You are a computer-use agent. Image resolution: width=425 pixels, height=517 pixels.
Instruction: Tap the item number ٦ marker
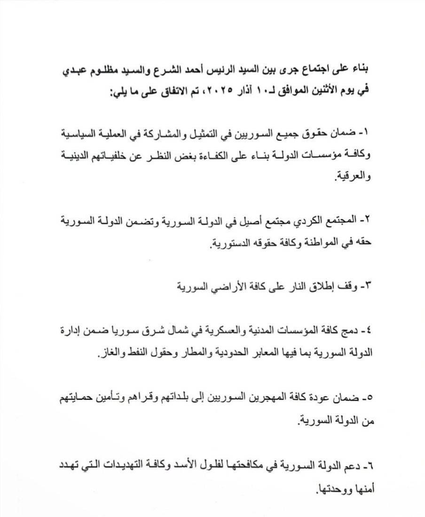369,468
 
